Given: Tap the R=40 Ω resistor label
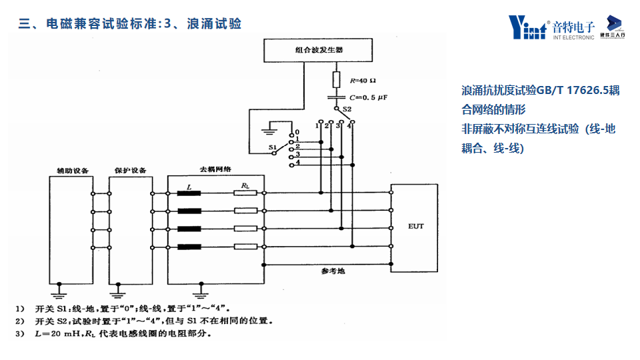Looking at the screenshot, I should click(363, 81).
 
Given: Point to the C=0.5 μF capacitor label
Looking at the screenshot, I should click(366, 97).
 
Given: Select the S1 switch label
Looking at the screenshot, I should click(272, 146).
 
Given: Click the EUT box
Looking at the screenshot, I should click(415, 227).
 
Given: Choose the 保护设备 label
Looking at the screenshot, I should click(131, 170).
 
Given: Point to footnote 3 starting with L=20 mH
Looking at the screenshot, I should click(120, 334).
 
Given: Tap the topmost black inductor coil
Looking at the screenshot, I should click(191, 195).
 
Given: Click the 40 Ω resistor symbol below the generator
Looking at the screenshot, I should click(337, 80).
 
